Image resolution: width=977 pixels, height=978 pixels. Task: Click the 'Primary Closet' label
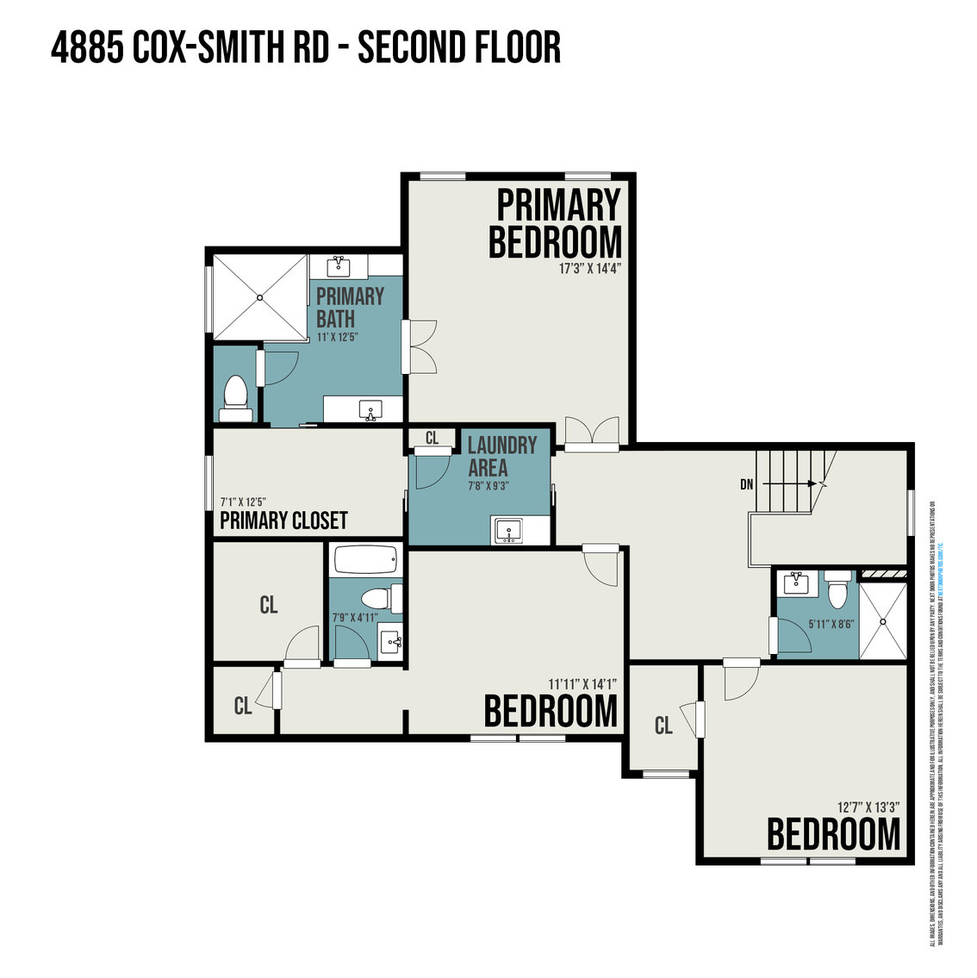point(283,520)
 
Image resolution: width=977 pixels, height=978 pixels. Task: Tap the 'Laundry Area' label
point(501,457)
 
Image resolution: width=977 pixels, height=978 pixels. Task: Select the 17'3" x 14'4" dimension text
point(589,269)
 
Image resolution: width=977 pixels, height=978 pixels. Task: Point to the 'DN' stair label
point(746,485)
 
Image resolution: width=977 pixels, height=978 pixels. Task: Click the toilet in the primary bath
point(234,397)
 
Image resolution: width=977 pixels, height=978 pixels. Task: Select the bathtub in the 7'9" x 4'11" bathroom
point(366,561)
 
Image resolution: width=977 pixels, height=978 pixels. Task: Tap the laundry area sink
point(509,530)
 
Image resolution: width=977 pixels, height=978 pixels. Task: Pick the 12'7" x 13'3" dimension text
point(868,807)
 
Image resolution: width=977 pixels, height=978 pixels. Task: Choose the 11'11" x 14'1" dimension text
point(583,684)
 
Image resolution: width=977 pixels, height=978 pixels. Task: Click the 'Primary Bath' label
point(349,306)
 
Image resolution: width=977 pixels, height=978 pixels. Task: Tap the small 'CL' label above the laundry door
point(432,439)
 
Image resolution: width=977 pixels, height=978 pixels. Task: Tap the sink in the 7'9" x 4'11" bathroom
point(391,641)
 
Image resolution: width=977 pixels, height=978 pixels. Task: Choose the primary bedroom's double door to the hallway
point(592,433)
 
